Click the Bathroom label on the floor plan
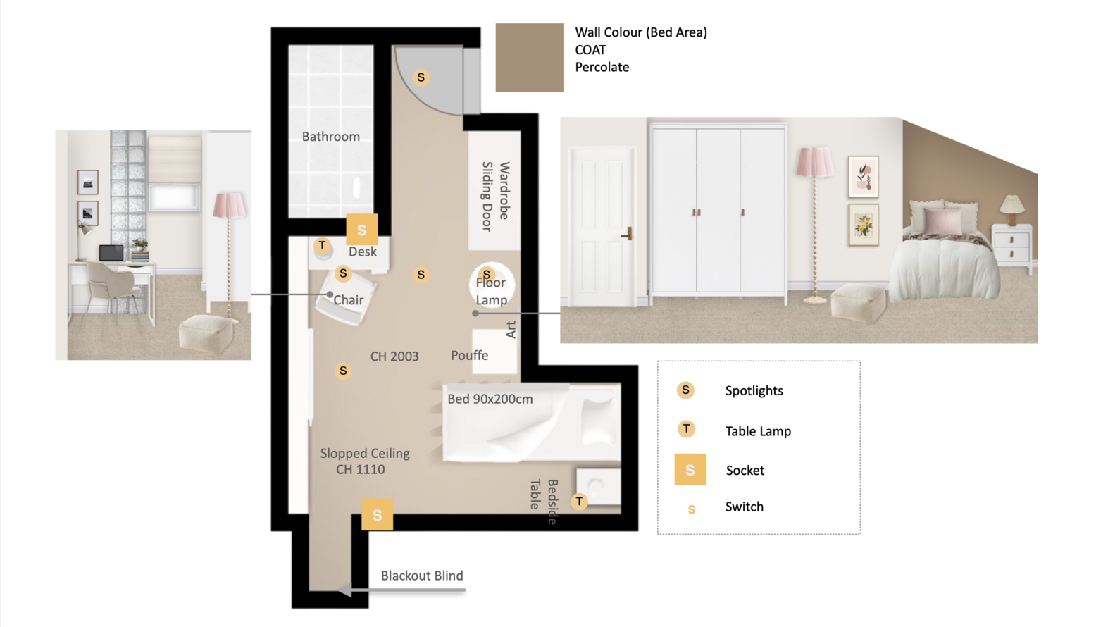[331, 136]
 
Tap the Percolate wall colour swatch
[530, 57]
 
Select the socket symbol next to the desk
[362, 229]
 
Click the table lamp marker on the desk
[322, 244]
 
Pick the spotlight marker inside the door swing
[421, 77]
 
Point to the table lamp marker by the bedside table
[579, 501]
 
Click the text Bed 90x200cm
[490, 399]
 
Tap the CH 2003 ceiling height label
[394, 356]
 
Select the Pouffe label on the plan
[469, 355]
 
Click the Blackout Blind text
[422, 576]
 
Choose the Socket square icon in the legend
[690, 469]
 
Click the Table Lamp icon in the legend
[686, 429]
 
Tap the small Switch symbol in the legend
[692, 509]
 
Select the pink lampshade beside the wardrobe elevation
[814, 162]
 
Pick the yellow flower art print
[864, 225]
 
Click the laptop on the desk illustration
[111, 253]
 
